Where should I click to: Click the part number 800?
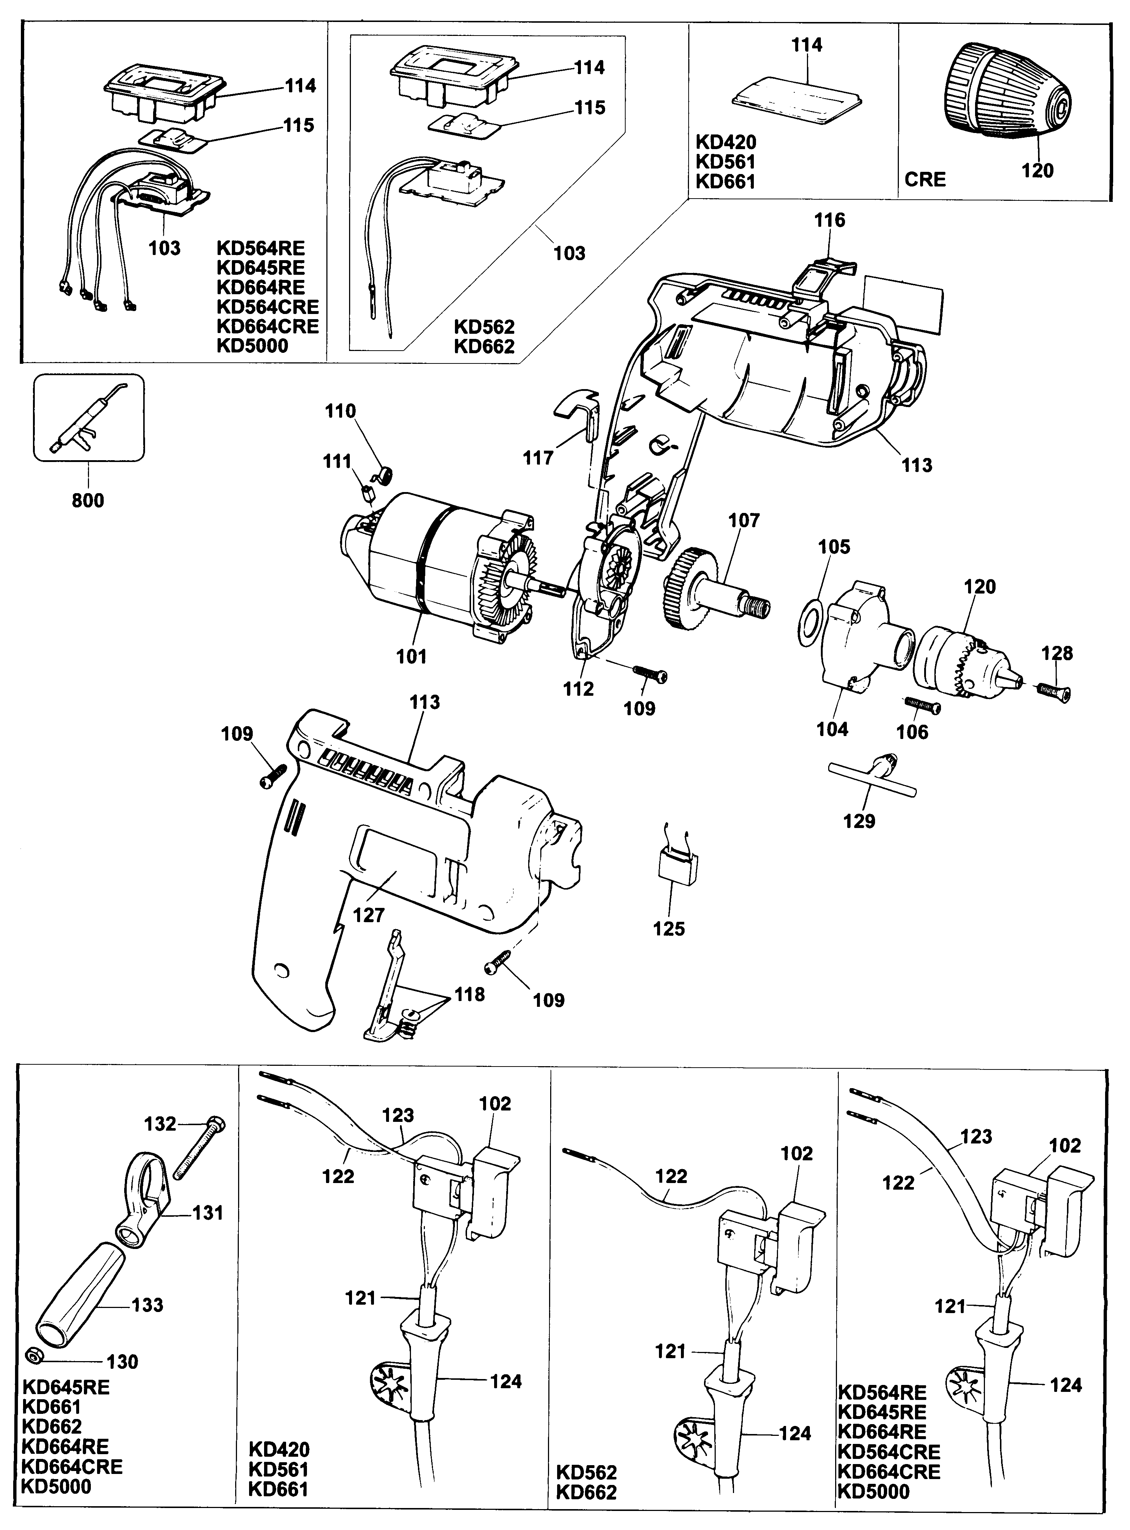click(88, 501)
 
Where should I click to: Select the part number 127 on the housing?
click(369, 915)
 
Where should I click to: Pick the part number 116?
click(830, 220)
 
